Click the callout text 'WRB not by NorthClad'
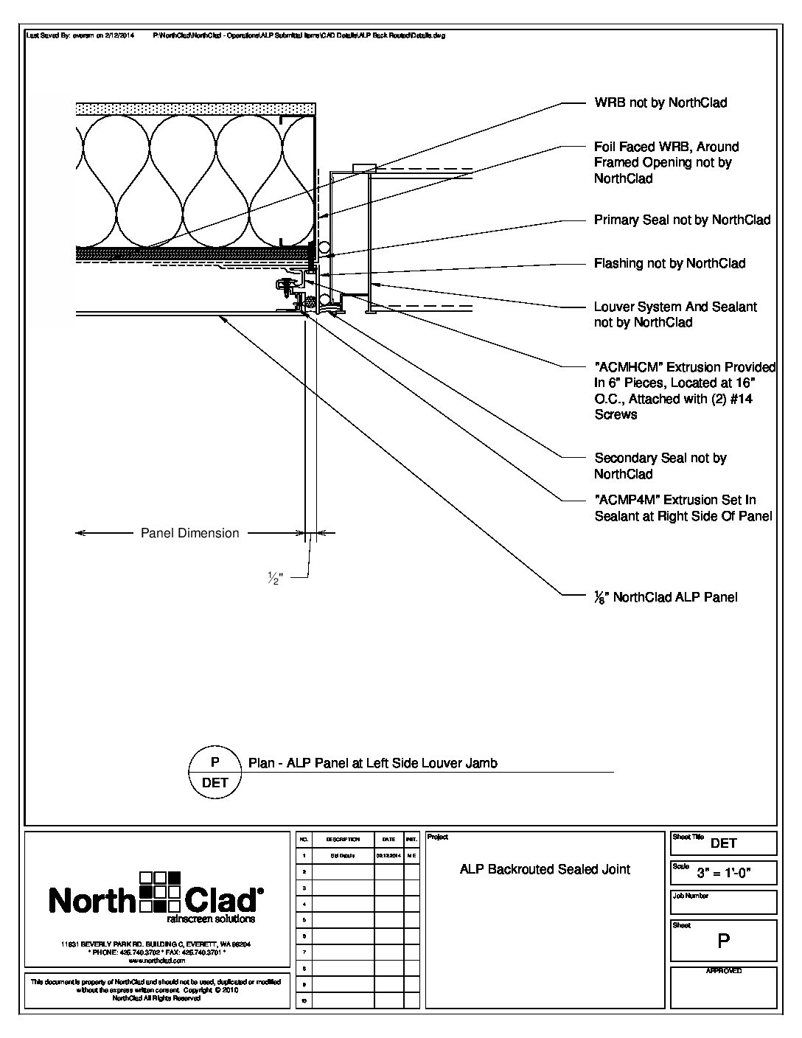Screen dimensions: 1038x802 660,103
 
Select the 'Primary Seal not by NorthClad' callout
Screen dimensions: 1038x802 682,220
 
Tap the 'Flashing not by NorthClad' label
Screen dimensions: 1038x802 669,263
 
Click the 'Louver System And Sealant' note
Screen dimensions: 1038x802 675,314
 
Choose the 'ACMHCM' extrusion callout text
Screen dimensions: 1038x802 685,390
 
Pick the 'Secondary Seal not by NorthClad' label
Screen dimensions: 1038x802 660,466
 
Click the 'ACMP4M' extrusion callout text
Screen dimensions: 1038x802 683,508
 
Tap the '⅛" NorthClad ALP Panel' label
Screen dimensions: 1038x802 666,597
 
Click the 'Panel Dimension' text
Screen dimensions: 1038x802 189,533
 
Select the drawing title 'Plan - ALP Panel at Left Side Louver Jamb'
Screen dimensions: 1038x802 372,763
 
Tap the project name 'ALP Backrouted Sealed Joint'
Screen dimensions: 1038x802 545,869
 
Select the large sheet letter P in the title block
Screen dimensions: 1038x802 723,941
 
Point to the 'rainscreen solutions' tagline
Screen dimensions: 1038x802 211,919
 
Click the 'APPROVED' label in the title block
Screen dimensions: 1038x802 723,971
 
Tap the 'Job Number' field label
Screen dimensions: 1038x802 690,896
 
